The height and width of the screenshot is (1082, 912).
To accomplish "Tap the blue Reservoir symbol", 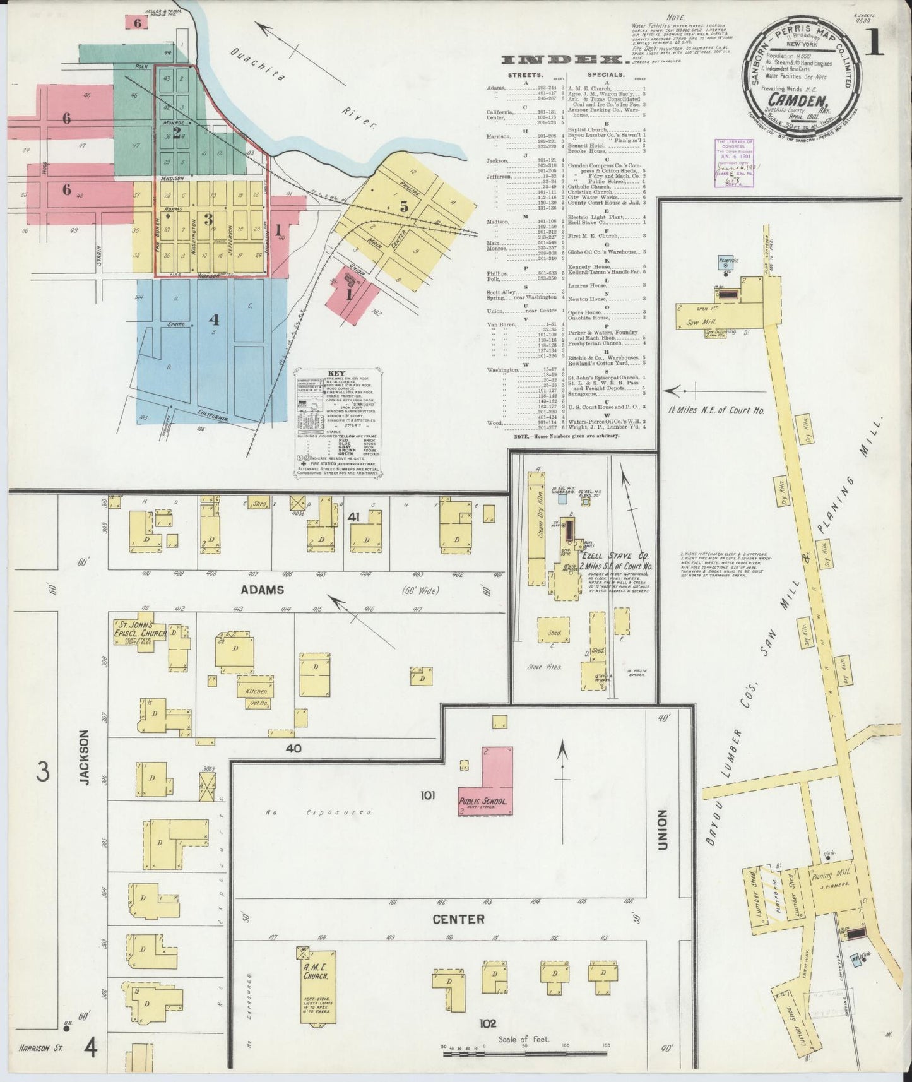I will (726, 266).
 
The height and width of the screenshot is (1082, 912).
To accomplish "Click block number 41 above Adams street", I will (353, 517).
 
